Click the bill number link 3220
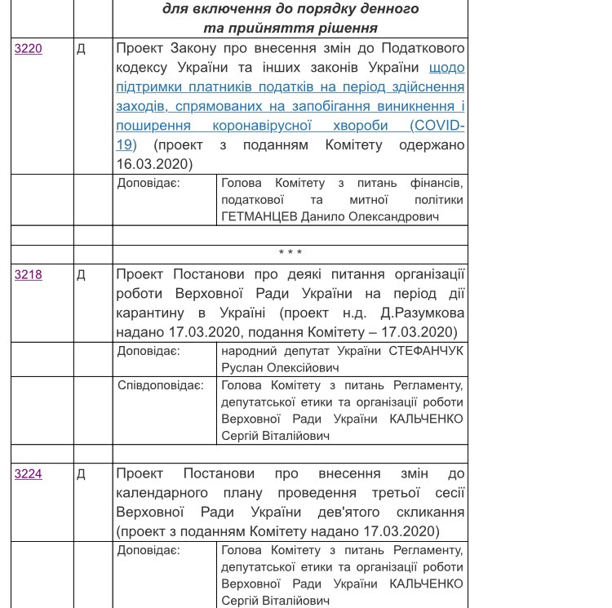click(29, 49)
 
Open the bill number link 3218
click(29, 275)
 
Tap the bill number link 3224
click(29, 474)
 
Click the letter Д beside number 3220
click(81, 49)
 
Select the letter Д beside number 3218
click(81, 275)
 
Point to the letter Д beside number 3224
click(81, 474)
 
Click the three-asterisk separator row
click(290, 254)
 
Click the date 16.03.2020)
click(154, 164)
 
